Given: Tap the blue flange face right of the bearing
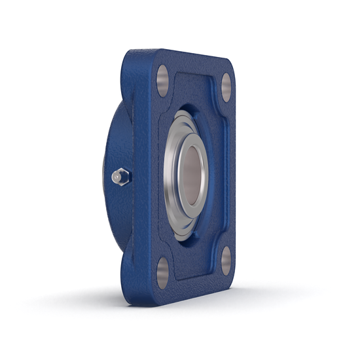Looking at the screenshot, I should pos(219,170).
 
